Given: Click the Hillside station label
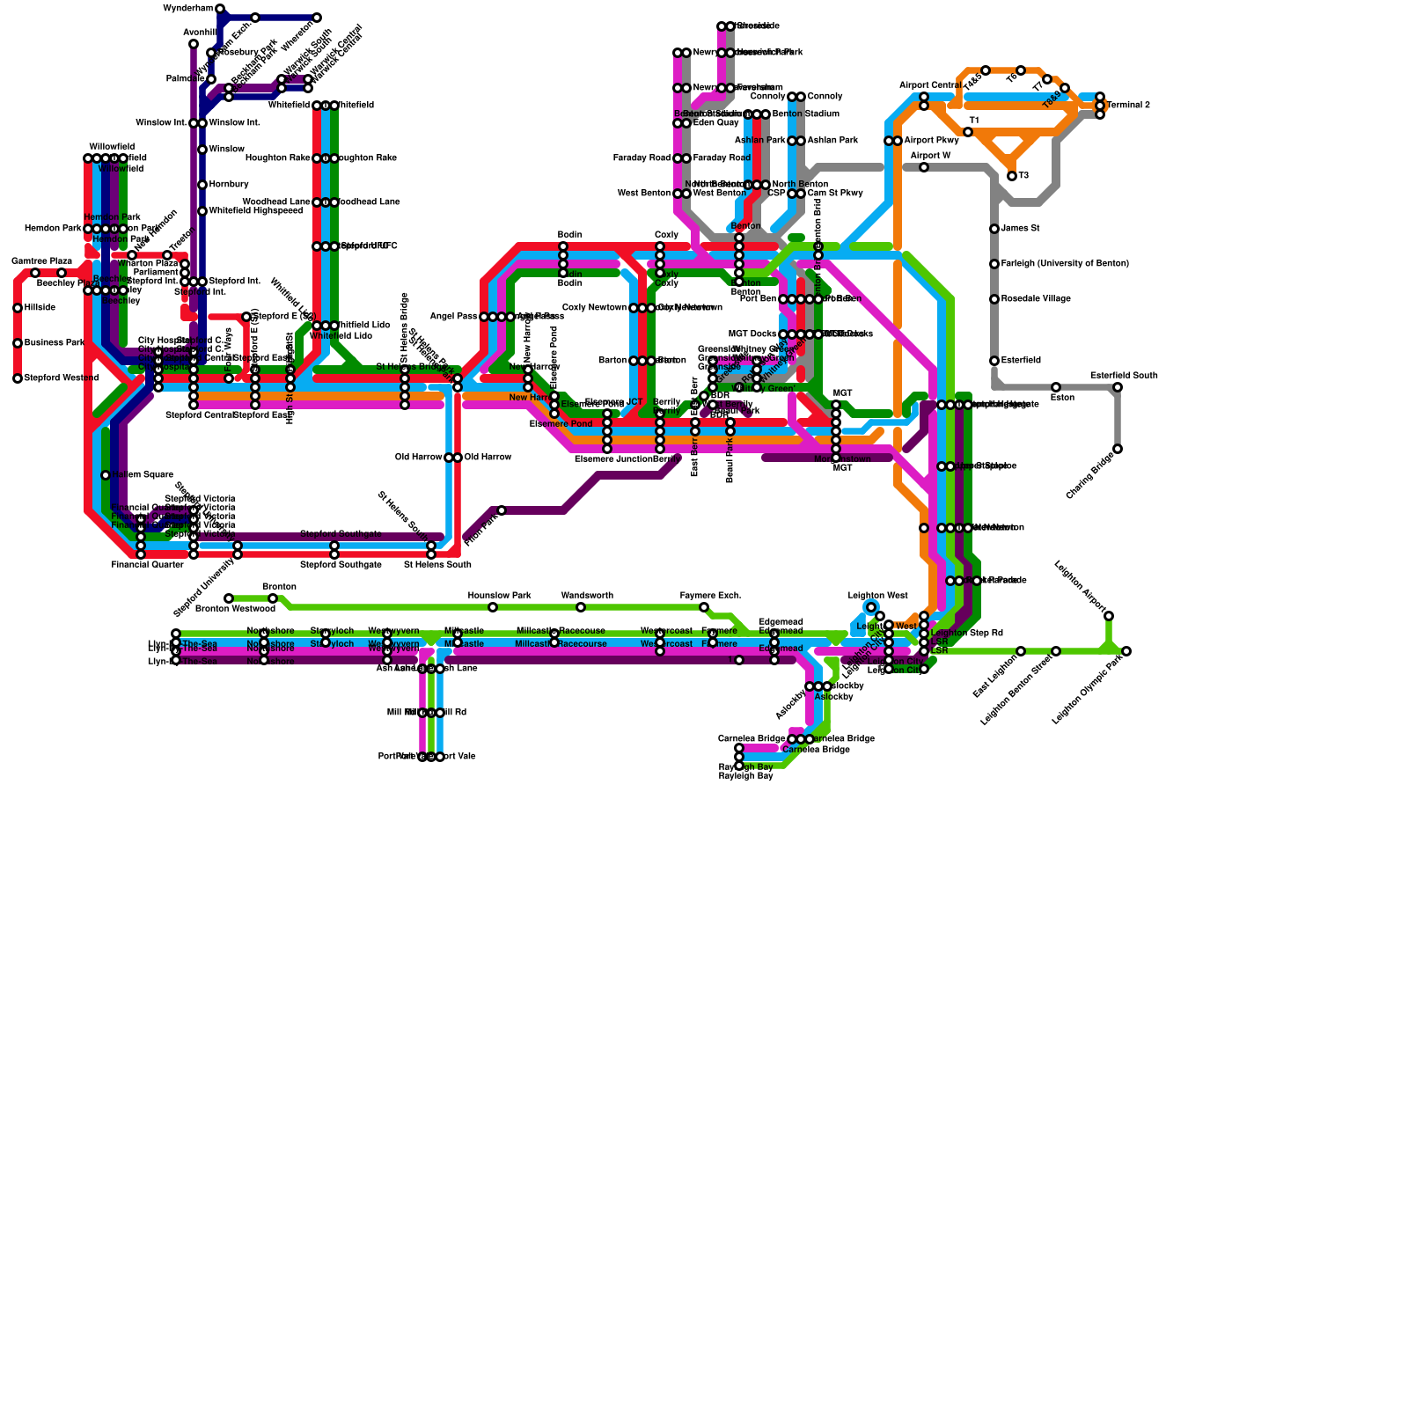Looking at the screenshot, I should pyautogui.click(x=40, y=308).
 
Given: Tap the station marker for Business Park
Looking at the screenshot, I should pyautogui.click(x=18, y=343).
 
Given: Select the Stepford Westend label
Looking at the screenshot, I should pyautogui.click(x=61, y=378).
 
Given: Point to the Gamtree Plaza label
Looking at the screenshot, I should pyautogui.click(x=41, y=261).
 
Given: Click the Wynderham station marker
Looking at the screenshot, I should pyautogui.click(x=220, y=9).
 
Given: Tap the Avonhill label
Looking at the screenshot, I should pyautogui.click(x=200, y=33).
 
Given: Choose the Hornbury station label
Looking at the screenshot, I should pyautogui.click(x=229, y=185).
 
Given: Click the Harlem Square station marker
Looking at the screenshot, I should pyautogui.click(x=106, y=475).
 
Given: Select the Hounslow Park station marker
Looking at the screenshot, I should pyautogui.click(x=493, y=607).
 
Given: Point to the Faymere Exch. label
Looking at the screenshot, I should pyautogui.click(x=710, y=596).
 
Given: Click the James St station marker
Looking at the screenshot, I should pyautogui.click(x=994, y=229).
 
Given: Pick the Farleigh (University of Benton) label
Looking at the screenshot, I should pyautogui.click(x=1065, y=264).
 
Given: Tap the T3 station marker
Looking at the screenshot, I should pyautogui.click(x=1012, y=176).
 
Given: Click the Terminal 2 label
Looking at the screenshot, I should pyautogui.click(x=1128, y=106).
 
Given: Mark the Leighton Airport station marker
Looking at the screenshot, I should pyautogui.click(x=1109, y=616).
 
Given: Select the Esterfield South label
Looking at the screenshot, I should pyautogui.click(x=1124, y=376).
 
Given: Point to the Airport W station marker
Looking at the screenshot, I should pyautogui.click(x=924, y=167).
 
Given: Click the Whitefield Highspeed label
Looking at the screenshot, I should pyautogui.click(x=255, y=211).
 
